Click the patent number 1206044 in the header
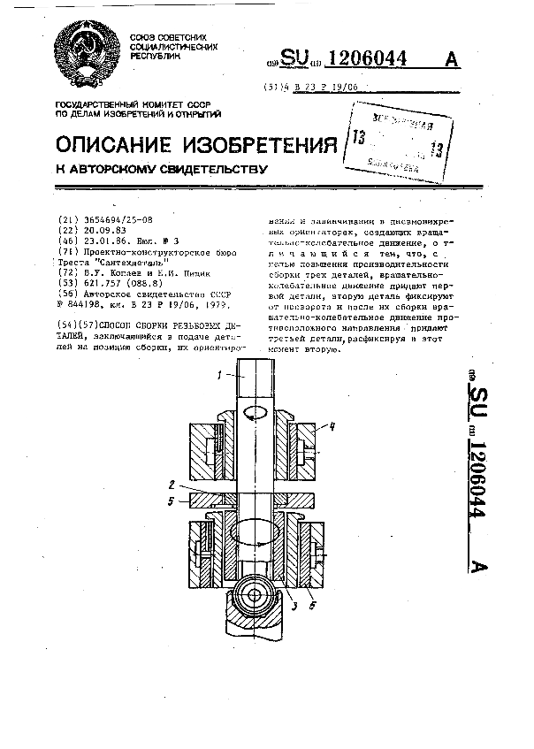pyautogui.click(x=366, y=59)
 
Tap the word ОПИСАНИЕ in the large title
pyautogui.click(x=115, y=145)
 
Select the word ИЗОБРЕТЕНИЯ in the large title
pyautogui.click(x=261, y=145)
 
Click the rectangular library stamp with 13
pyautogui.click(x=395, y=137)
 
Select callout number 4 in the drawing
pyautogui.click(x=332, y=426)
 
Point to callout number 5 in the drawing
pyautogui.click(x=172, y=501)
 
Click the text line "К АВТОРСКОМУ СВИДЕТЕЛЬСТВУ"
pyautogui.click(x=162, y=167)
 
